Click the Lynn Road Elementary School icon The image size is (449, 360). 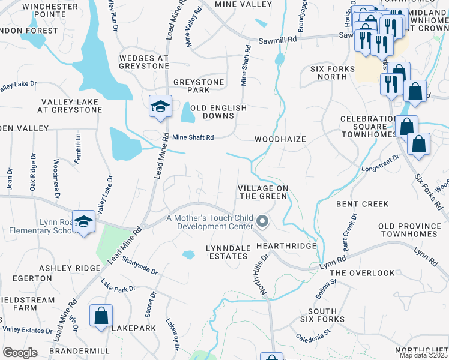[x=84, y=221]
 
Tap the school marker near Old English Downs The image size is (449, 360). [x=160, y=106]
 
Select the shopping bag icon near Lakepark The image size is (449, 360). [x=101, y=316]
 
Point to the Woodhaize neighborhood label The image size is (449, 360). [x=280, y=139]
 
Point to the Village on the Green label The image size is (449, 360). [x=264, y=192]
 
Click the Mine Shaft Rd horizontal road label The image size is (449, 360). [x=193, y=137]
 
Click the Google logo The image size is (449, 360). [x=20, y=353]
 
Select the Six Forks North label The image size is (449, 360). [x=333, y=73]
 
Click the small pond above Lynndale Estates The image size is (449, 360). [x=188, y=254]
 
